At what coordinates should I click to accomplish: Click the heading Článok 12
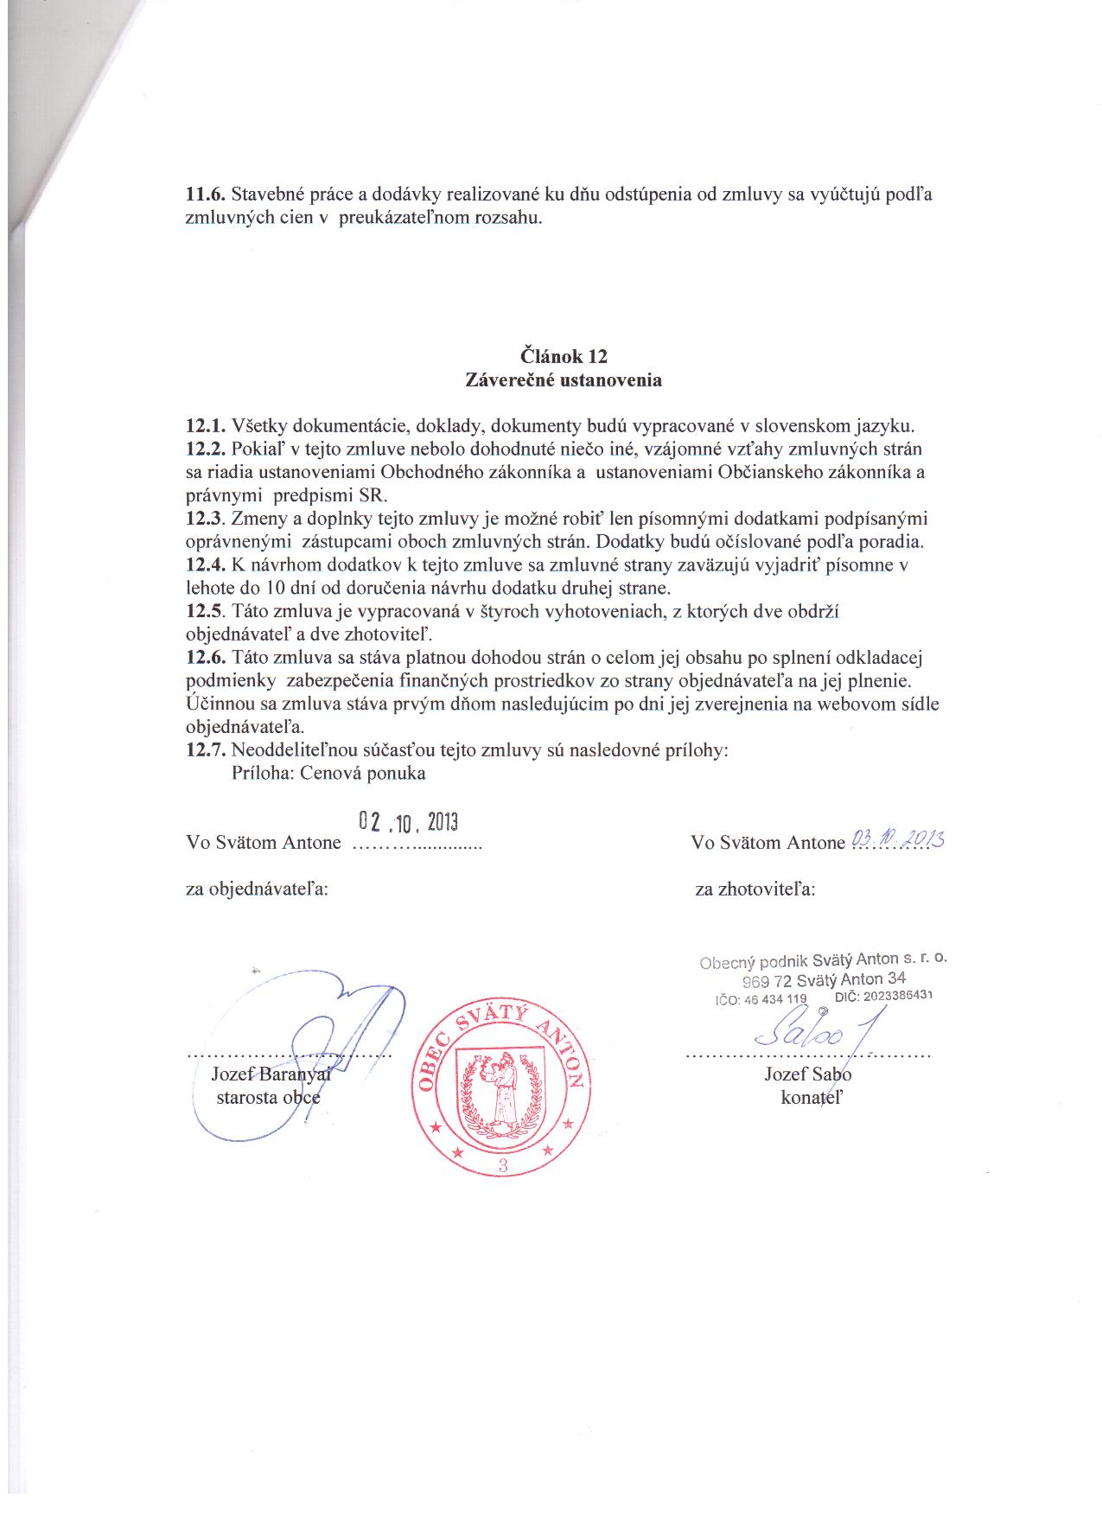(x=564, y=355)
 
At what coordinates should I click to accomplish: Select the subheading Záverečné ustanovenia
(x=564, y=379)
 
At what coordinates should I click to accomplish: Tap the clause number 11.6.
(x=206, y=194)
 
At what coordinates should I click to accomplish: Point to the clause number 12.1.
(x=206, y=426)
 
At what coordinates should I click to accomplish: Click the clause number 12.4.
(x=206, y=565)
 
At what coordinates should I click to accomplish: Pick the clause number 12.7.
(x=206, y=750)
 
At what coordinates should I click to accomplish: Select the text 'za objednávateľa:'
(x=257, y=889)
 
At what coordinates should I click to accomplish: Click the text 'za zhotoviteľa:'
(x=755, y=889)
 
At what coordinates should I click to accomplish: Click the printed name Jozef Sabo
(x=807, y=1074)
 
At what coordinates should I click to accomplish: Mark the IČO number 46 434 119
(x=773, y=999)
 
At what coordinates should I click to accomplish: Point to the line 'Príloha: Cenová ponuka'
(x=328, y=774)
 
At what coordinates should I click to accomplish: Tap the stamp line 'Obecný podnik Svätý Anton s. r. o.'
(x=827, y=960)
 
